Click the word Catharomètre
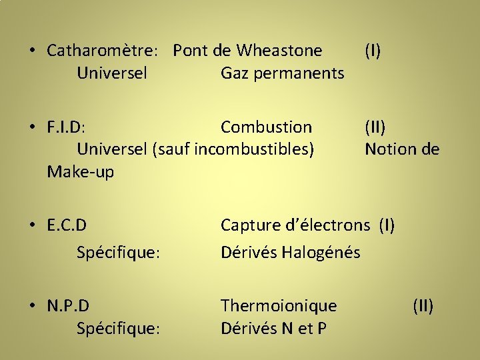coord(103,51)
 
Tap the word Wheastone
coord(280,51)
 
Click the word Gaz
coord(234,73)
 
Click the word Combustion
coord(266,127)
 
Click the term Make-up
coord(81,172)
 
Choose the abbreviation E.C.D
coord(67,225)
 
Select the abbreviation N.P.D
coord(68,306)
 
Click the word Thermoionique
coord(279,306)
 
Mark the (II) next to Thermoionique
coord(423,306)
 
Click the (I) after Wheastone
coord(373,51)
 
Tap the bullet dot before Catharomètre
coord(32,51)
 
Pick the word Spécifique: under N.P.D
coord(118,329)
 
